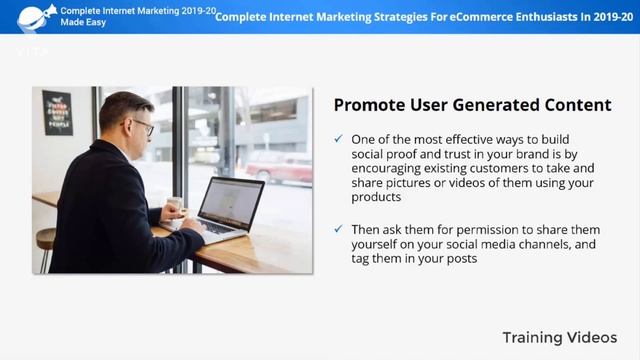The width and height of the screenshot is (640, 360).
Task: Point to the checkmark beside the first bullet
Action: click(339, 138)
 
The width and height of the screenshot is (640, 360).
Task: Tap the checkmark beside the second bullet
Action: click(339, 229)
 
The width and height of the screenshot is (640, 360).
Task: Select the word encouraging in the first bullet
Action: click(389, 168)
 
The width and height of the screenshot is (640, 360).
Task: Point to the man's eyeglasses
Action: click(142, 127)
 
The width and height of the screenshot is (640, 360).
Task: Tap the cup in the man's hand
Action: click(174, 206)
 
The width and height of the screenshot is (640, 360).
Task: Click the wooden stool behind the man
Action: click(46, 245)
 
